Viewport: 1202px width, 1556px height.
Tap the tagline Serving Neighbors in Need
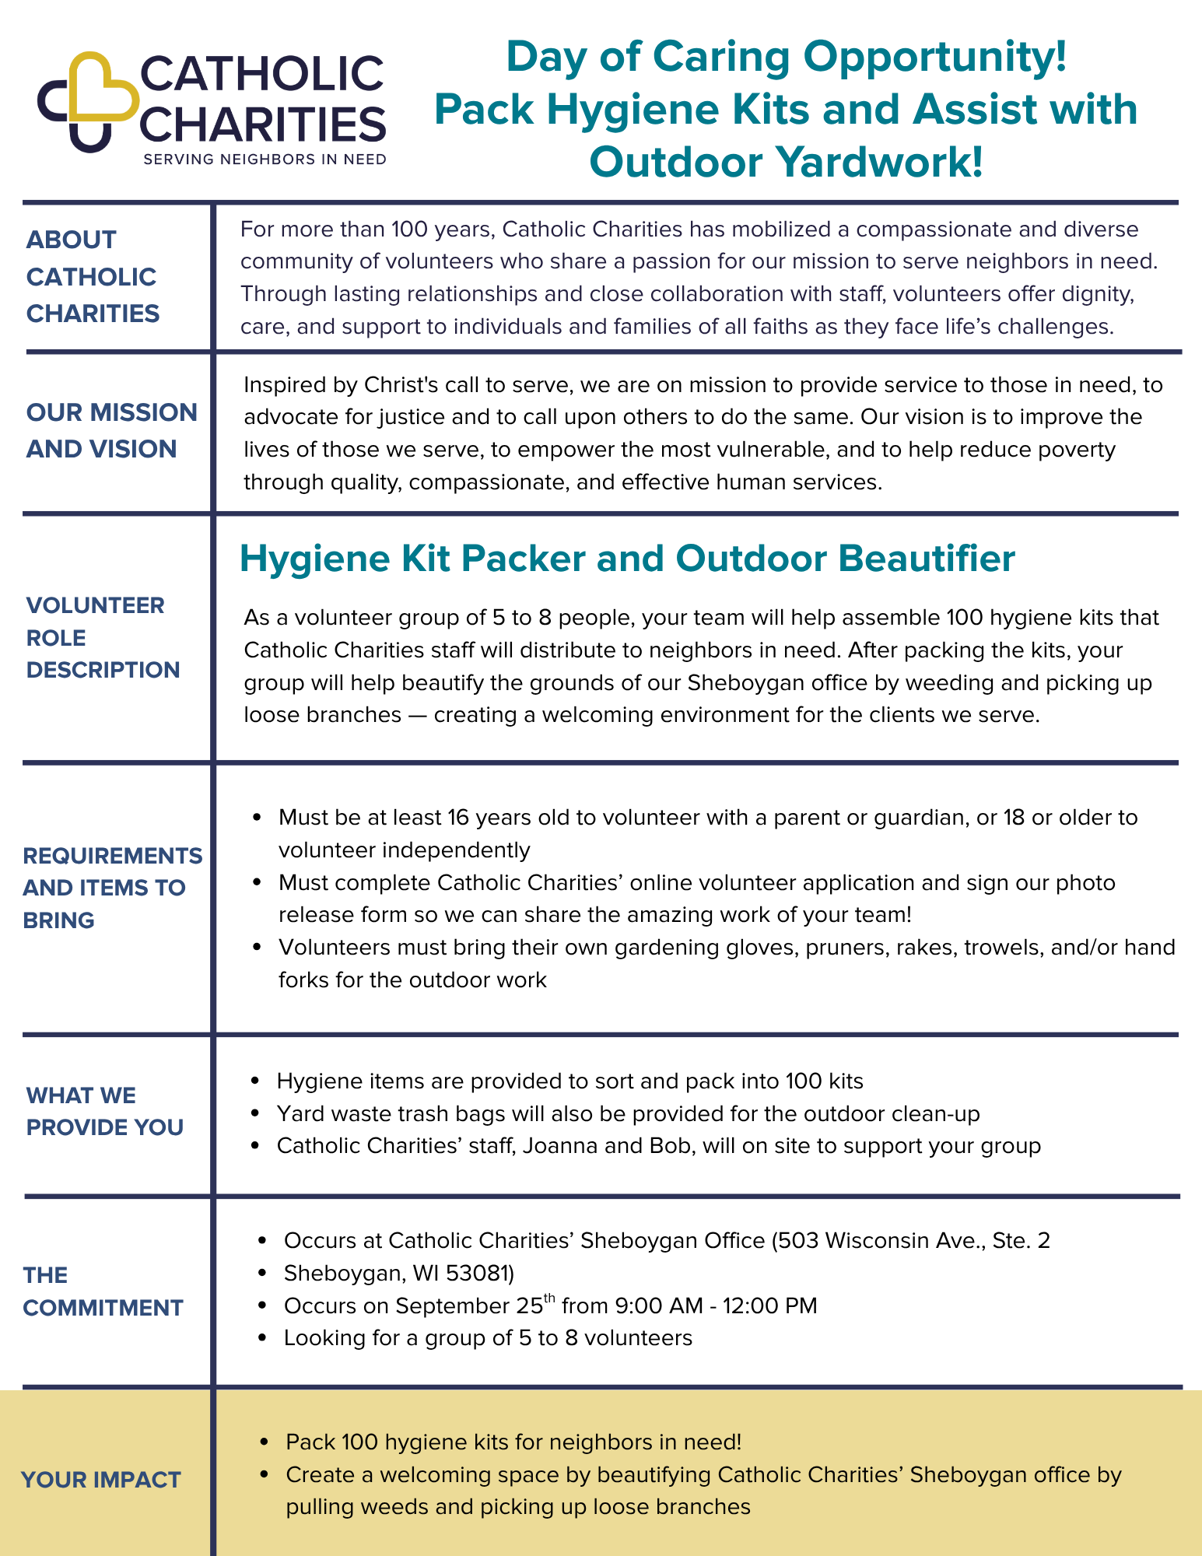click(x=265, y=159)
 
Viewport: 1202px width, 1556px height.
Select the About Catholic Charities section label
click(x=93, y=276)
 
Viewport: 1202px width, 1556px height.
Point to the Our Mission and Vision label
click(x=112, y=430)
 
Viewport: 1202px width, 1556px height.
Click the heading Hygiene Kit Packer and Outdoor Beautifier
click(x=627, y=559)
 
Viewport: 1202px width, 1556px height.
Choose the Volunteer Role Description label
click(x=103, y=637)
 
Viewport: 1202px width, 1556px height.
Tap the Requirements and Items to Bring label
click(x=112, y=888)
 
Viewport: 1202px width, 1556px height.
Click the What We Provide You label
click(x=105, y=1111)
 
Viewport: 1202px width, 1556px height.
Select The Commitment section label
click(x=103, y=1291)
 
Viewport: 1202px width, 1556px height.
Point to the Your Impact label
click(x=101, y=1480)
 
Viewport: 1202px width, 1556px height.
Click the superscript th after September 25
click(x=549, y=1297)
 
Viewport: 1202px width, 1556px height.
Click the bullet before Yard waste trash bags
click(x=255, y=1114)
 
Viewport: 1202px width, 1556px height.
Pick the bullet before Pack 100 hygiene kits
click(x=265, y=1442)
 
